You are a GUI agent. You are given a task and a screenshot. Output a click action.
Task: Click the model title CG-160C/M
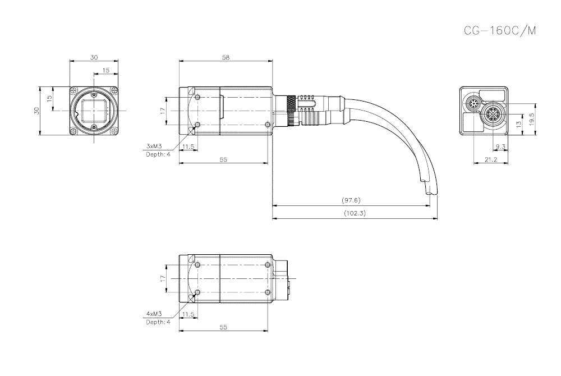tap(499, 31)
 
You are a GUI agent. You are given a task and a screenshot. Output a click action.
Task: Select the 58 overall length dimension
tap(226, 57)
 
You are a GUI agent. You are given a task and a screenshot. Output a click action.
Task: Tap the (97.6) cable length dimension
tap(351, 200)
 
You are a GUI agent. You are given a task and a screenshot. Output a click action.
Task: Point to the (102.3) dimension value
tap(354, 213)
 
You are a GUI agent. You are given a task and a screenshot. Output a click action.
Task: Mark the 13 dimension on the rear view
tap(519, 123)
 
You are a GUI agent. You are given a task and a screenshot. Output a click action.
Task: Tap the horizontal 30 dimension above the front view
tap(94, 57)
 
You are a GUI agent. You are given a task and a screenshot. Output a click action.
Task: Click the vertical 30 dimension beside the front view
tap(36, 111)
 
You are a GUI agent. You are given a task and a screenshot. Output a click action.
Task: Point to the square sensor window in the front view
tap(94, 111)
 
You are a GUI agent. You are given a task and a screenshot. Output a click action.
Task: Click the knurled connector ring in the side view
tap(291, 111)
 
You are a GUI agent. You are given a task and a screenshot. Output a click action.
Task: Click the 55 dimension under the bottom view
tap(223, 326)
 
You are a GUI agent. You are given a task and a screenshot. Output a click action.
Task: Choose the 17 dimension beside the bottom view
tap(162, 278)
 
